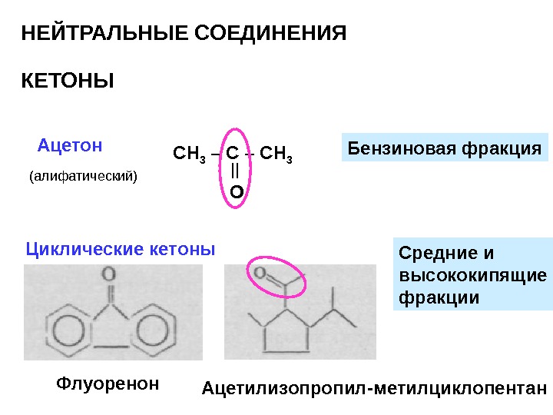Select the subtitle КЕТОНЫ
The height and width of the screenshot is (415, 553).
pos(67,80)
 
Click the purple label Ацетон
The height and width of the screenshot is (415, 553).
pos(70,144)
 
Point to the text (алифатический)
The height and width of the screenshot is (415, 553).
pos(83,177)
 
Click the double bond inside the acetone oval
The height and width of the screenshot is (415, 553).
pos(236,171)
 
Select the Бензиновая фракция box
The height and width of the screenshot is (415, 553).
pos(445,148)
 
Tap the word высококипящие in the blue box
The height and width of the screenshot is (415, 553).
pos(473,275)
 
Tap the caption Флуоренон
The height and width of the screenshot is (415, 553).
pos(108,383)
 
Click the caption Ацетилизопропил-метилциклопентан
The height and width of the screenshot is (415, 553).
pos(374,389)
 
